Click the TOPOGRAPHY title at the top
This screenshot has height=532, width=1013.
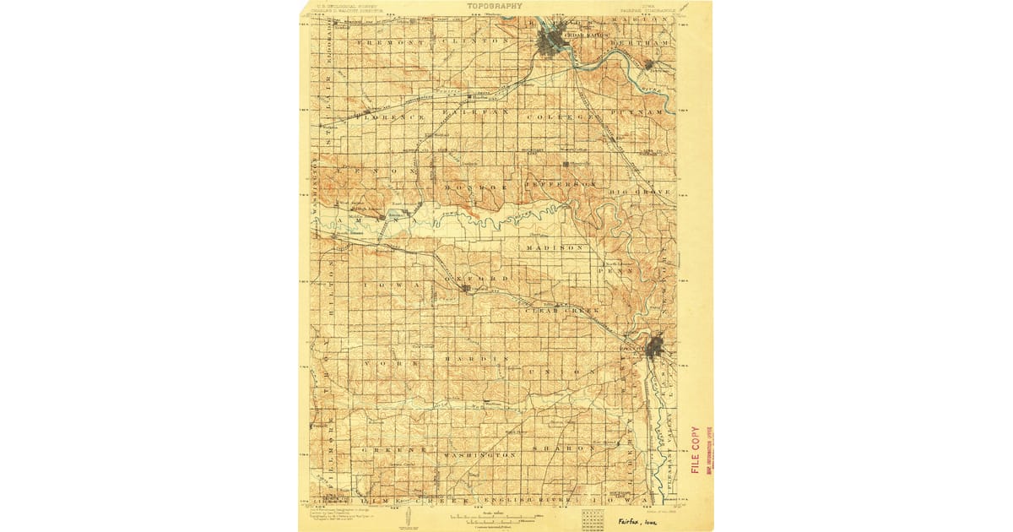tap(494, 6)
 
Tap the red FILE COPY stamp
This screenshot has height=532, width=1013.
tap(696, 449)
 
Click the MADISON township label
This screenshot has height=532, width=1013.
tap(555, 248)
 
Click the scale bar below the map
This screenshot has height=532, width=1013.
tap(495, 517)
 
